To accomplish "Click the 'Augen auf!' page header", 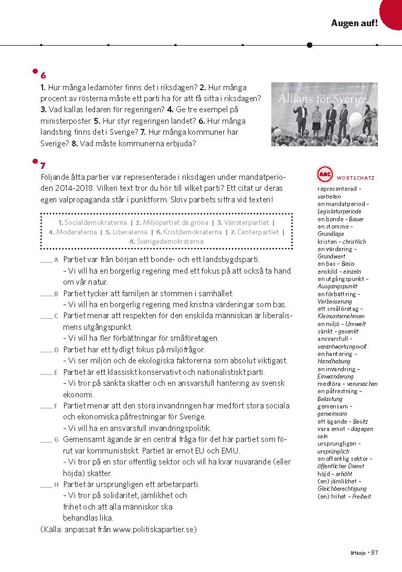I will click(x=354, y=23).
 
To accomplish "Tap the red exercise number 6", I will click(x=43, y=75).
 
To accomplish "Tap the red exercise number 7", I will click(x=43, y=166).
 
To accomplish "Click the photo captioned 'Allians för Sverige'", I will click(x=324, y=114).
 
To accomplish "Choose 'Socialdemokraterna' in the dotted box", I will click(x=93, y=223).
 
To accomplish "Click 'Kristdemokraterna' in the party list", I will click(x=192, y=232).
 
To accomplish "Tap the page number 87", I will click(x=375, y=552).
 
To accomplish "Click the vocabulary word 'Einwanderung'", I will click(x=336, y=376).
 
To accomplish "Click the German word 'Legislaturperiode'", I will click(x=339, y=211).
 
